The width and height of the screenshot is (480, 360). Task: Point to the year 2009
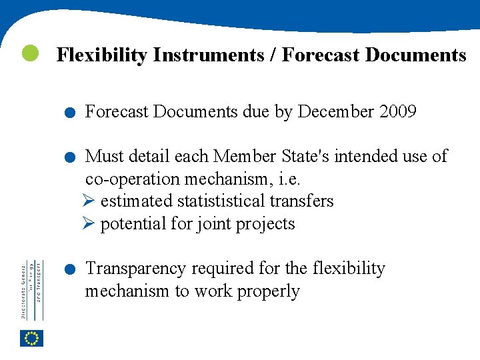(x=398, y=112)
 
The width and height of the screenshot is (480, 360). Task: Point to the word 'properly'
(x=267, y=292)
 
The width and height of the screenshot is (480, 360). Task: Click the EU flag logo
(x=31, y=339)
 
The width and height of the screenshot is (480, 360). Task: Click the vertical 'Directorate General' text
(x=23, y=290)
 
